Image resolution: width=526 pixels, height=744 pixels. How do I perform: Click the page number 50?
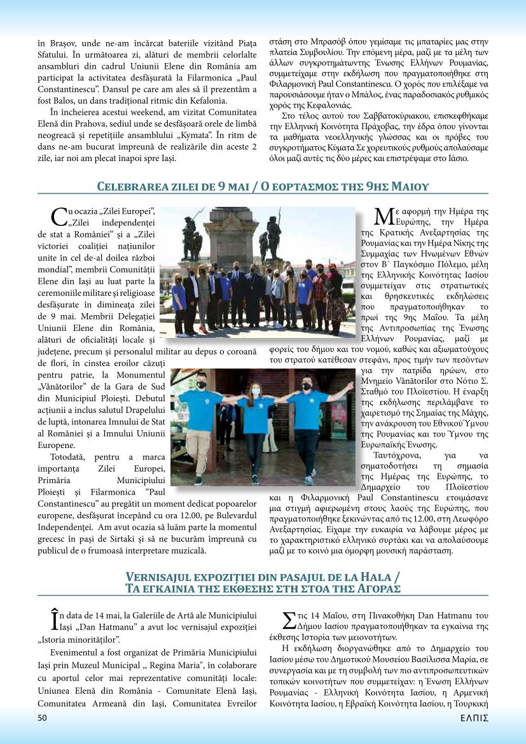(x=43, y=718)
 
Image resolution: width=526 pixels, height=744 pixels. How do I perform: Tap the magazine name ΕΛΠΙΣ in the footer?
(x=474, y=718)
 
